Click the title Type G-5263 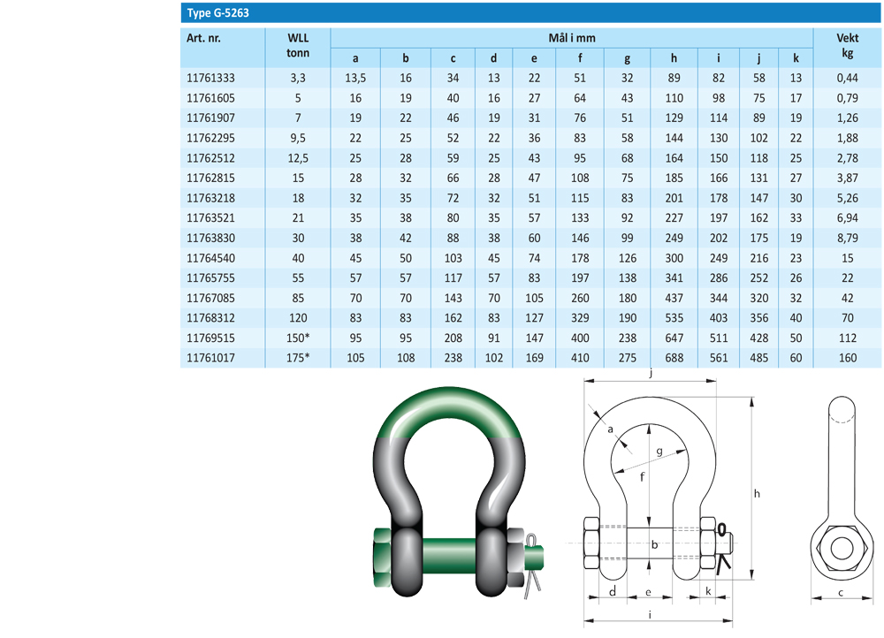pos(217,13)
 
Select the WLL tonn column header pos(298,45)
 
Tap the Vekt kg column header pos(847,45)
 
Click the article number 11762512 pos(210,158)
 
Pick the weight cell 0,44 pos(847,79)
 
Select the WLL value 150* pos(298,338)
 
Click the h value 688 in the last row pos(674,358)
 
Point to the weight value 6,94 pos(847,218)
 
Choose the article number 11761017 pos(210,358)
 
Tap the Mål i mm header pos(572,38)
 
